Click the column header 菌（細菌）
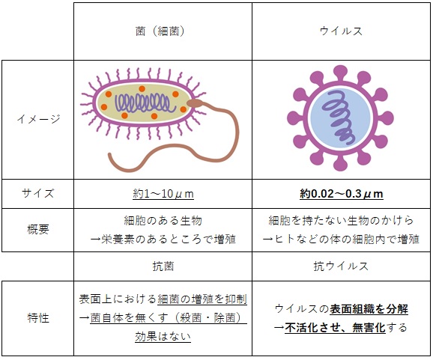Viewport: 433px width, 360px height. click(x=160, y=31)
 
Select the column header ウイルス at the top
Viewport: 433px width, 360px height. click(x=341, y=31)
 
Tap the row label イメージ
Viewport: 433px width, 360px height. click(x=38, y=119)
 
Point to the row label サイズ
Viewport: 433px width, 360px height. click(x=38, y=193)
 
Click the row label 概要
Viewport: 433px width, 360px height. click(x=38, y=229)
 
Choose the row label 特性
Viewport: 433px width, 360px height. click(x=38, y=318)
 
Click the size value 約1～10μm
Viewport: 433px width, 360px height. click(x=163, y=194)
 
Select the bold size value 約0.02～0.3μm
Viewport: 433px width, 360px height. click(x=342, y=194)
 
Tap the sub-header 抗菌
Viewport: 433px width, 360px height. click(x=163, y=266)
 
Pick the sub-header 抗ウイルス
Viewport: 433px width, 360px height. click(x=341, y=266)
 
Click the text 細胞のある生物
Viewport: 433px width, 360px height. click(x=163, y=220)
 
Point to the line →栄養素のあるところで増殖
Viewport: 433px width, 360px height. click(x=163, y=240)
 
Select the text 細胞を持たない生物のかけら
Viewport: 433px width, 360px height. click(x=341, y=220)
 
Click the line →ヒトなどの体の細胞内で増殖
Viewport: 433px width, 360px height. click(x=341, y=240)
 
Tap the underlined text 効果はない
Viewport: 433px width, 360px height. click(x=163, y=337)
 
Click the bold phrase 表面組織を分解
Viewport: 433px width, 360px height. click(x=369, y=308)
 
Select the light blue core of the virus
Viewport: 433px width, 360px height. click(x=340, y=118)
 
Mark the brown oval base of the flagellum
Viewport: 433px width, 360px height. click(x=195, y=103)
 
